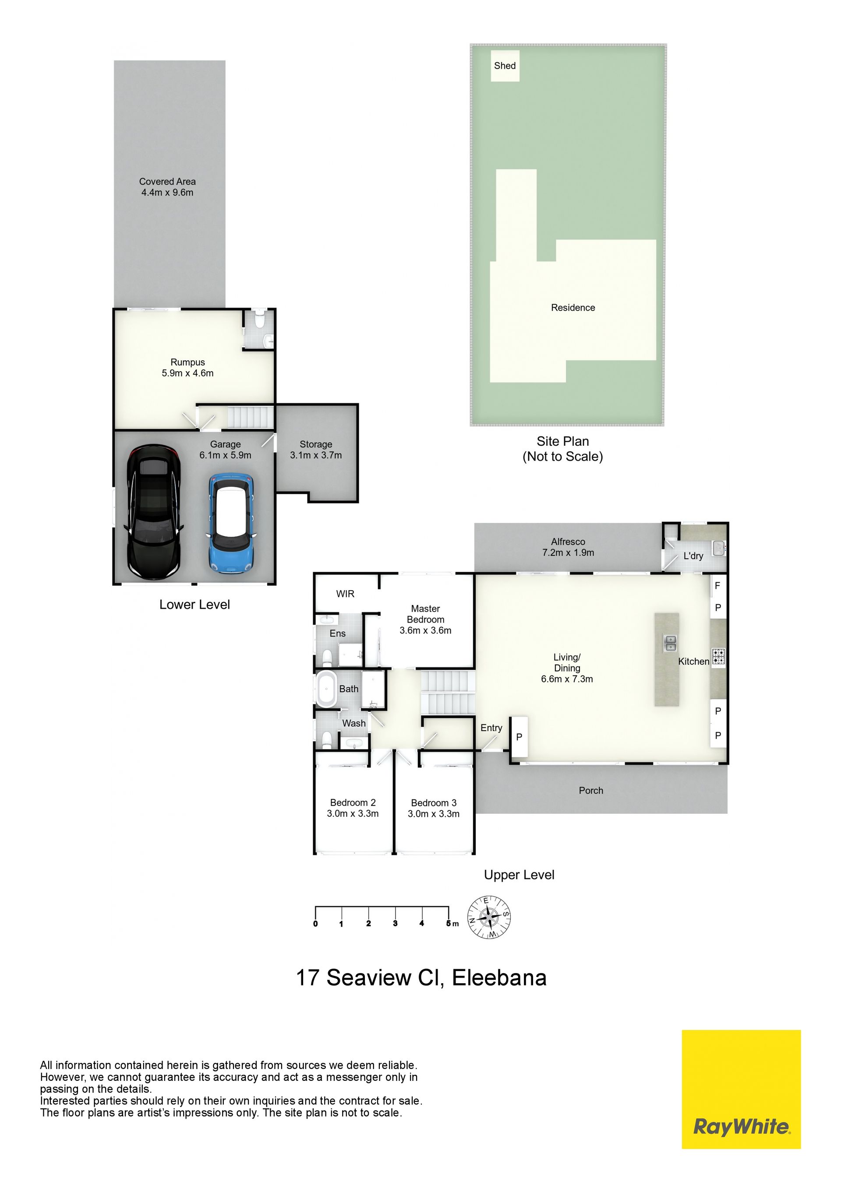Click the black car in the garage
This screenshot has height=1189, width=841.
pos(153,511)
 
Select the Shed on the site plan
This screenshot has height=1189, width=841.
pos(505,66)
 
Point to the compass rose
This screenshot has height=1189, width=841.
pos(489,917)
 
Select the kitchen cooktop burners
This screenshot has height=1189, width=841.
pos(718,657)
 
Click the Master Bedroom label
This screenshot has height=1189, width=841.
pos(425,614)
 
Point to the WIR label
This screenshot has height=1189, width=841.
pos(345,594)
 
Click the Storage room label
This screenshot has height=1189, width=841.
pos(316,444)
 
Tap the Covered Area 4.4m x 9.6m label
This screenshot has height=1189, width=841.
pos(167,187)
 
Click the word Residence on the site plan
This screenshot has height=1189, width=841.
pos(573,308)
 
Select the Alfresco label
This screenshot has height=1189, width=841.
pos(568,542)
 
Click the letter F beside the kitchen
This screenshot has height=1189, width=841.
pos(717,586)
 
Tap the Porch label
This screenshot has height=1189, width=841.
pos(591,791)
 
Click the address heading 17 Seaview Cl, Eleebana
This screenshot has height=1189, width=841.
pos(421,978)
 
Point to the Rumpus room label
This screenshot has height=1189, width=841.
pos(187,362)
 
